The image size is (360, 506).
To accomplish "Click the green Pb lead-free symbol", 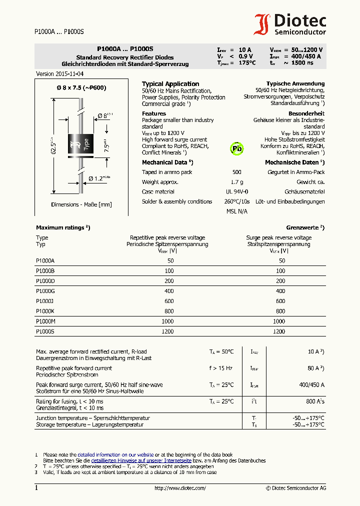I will (x=236, y=148).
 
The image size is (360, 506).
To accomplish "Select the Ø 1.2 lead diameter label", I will (x=99, y=178).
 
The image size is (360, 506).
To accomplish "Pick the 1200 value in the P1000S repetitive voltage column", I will (x=167, y=331).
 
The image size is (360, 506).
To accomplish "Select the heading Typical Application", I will (x=170, y=84).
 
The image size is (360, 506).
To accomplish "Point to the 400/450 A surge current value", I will (x=311, y=385).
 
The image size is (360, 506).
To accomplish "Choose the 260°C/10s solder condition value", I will (x=236, y=201).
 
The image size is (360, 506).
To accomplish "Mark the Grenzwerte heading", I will (x=305, y=227).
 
